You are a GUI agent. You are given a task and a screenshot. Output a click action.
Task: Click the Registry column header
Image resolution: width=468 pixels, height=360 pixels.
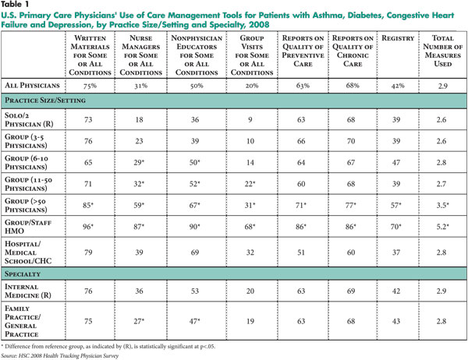[398, 38]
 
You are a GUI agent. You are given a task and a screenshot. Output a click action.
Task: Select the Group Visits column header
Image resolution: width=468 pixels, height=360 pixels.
[252, 55]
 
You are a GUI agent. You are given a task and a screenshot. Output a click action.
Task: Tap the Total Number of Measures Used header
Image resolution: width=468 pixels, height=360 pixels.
[442, 51]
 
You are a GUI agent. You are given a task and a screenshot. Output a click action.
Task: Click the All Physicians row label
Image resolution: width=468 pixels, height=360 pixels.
[32, 86]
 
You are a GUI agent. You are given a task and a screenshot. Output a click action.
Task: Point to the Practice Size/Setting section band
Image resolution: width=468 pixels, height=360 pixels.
[234, 101]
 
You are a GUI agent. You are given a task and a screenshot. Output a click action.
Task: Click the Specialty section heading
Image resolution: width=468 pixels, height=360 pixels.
[23, 274]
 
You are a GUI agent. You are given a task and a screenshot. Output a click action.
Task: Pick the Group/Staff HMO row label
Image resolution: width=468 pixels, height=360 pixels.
[28, 227]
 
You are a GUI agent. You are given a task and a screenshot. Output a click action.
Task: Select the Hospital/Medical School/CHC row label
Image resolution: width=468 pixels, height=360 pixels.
[28, 252]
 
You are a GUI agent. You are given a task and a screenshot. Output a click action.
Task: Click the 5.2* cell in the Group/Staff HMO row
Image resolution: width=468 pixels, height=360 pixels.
[442, 227]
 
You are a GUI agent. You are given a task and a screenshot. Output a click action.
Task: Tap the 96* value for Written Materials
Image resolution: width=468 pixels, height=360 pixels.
[88, 227]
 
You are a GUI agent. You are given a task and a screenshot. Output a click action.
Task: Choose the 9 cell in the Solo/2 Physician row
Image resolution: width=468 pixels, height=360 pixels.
[250, 119]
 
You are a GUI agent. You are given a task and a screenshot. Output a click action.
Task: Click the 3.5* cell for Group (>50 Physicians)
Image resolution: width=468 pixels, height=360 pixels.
[442, 205]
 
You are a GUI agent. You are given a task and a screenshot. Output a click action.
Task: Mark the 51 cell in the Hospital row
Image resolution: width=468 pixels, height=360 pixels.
[301, 252]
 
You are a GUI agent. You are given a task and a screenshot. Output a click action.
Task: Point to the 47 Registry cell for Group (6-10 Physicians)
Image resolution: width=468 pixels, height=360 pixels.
[396, 163]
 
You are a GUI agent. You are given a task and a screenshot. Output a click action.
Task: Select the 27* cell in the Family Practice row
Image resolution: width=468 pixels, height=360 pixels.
[139, 321]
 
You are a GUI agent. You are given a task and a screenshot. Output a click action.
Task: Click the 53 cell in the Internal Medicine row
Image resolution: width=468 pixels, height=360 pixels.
[194, 291]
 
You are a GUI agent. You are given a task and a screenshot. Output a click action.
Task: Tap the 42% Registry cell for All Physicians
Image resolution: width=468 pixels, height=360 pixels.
[398, 86]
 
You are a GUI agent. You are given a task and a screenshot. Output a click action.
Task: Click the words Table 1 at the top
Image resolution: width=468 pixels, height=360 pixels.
[15, 5]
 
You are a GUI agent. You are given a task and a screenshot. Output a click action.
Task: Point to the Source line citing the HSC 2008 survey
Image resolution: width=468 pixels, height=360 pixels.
[60, 356]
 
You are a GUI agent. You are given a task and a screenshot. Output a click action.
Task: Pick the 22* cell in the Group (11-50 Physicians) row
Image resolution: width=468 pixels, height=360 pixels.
[250, 184]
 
